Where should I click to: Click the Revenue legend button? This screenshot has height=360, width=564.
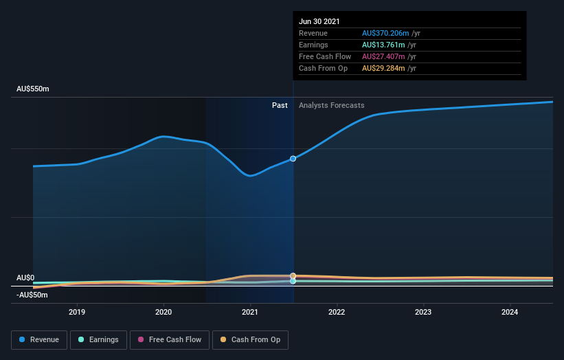[39, 339]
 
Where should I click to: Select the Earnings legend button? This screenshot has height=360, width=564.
[98, 339]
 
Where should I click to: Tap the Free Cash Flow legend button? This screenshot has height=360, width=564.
[170, 339]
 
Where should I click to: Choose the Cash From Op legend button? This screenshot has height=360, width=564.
[251, 339]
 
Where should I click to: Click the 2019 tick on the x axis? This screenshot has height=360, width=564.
[77, 312]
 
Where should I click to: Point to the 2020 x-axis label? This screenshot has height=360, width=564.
[163, 312]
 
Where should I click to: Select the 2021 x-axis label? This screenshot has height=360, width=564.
[250, 312]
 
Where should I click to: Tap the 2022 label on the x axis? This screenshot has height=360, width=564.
[337, 312]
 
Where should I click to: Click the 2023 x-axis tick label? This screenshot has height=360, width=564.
[423, 312]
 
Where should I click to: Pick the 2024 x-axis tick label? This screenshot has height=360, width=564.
[510, 312]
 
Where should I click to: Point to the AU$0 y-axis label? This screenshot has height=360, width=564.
[25, 278]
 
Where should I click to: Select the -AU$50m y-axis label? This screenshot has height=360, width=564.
[33, 295]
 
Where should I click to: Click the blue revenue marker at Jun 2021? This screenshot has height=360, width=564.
[293, 159]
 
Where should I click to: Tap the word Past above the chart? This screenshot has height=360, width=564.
[280, 106]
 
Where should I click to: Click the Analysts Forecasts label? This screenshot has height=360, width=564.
[331, 106]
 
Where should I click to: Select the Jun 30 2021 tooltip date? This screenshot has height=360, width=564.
[319, 22]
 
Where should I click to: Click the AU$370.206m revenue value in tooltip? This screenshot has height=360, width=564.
[385, 34]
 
